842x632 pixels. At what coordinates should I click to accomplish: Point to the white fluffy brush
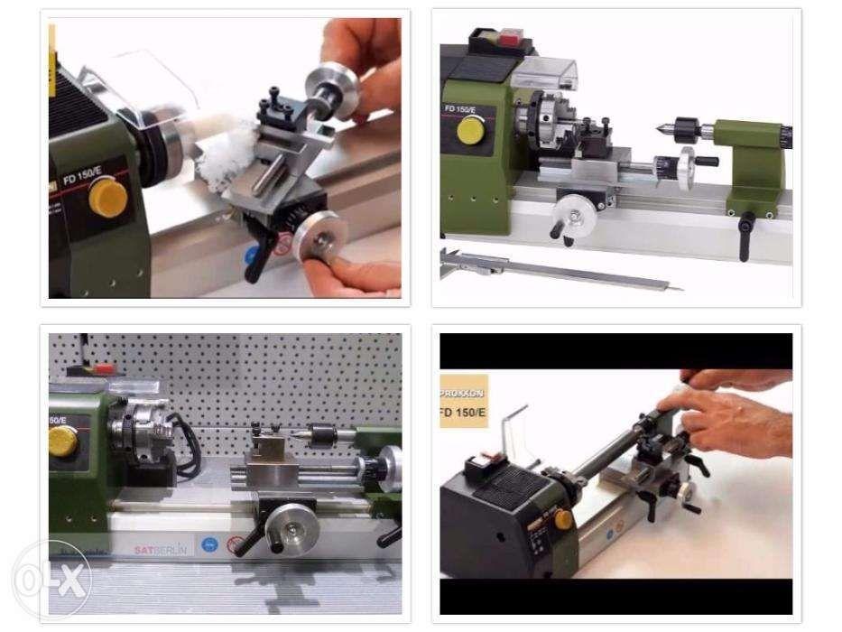(219, 157)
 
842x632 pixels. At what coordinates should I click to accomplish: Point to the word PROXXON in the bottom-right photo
(463, 395)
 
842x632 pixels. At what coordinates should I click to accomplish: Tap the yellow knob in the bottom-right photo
(561, 518)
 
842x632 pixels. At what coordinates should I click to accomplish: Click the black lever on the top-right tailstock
(748, 223)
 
